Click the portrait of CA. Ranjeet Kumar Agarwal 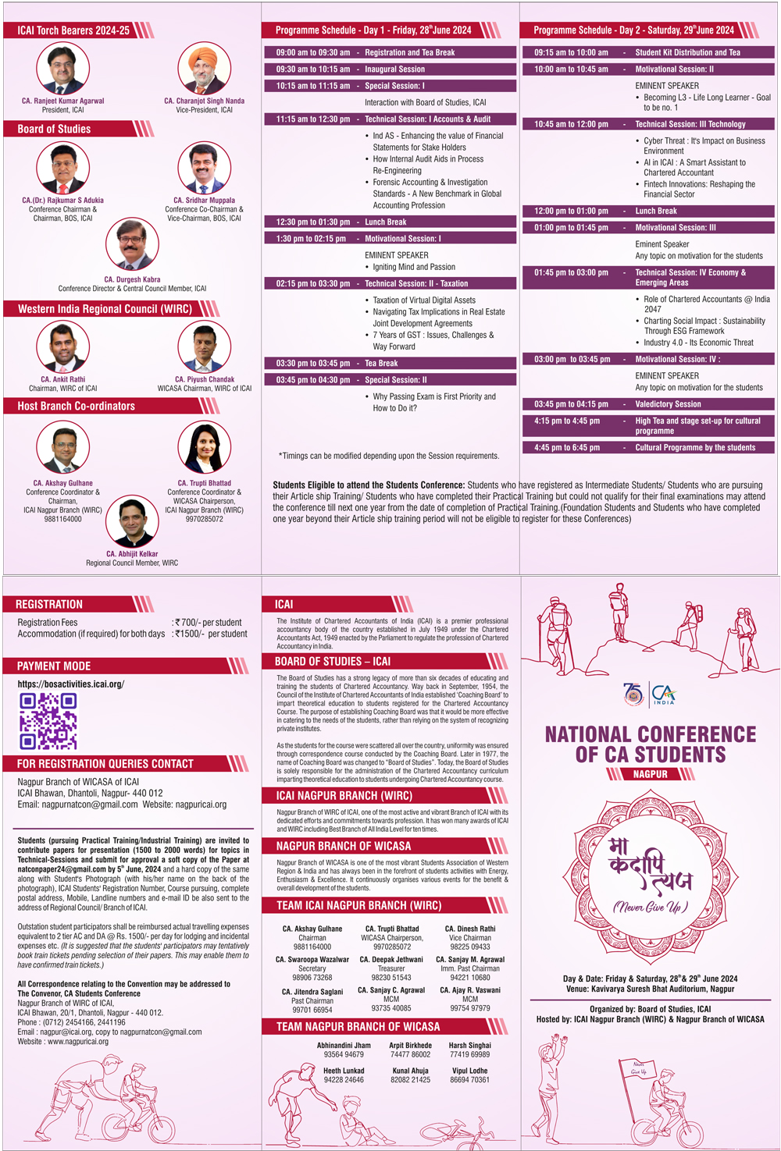tap(63, 69)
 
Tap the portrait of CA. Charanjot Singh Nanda tap(205, 69)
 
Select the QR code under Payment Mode tap(48, 721)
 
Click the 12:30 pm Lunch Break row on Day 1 tap(388, 222)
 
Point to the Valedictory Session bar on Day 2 tap(648, 404)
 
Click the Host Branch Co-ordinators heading tap(77, 406)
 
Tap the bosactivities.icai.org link tap(71, 684)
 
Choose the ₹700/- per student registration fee tap(208, 623)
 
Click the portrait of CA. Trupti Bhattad tap(205, 448)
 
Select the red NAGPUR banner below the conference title tap(651, 774)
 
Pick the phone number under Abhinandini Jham tap(344, 1054)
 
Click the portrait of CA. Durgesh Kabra tap(132, 245)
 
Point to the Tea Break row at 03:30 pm tap(388, 363)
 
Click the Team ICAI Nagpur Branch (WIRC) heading tap(359, 905)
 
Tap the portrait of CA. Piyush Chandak tap(205, 346)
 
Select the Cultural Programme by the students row tap(648, 448)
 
